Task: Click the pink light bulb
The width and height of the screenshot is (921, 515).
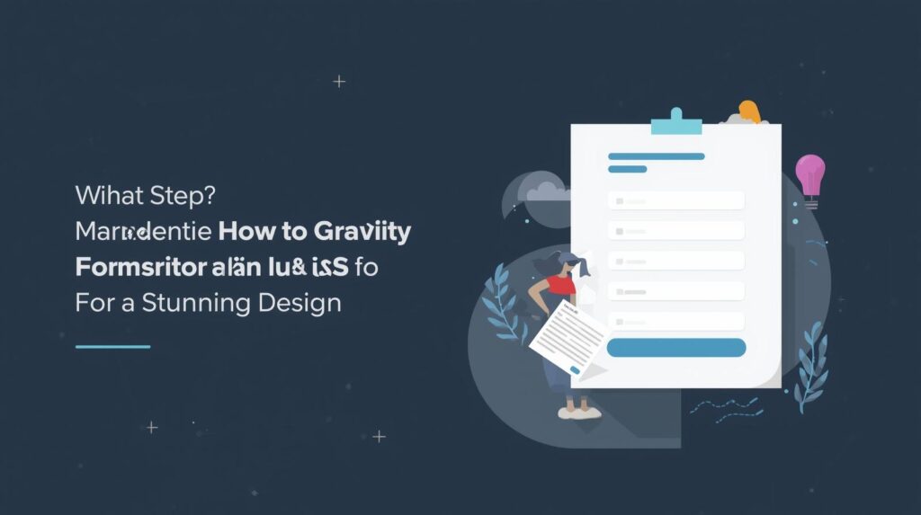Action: point(809,173)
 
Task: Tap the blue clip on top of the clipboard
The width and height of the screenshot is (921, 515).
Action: point(675,122)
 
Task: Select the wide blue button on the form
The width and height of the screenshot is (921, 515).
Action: point(675,348)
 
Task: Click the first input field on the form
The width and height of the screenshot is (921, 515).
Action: point(675,200)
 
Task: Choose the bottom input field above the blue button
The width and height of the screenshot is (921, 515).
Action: point(675,321)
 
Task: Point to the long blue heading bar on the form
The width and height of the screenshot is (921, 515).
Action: point(656,156)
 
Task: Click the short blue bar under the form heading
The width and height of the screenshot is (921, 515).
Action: point(627,169)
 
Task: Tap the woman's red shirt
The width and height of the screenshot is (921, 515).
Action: point(562,286)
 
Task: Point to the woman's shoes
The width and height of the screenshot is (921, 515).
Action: point(578,412)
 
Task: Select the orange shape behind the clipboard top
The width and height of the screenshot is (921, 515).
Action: point(749,112)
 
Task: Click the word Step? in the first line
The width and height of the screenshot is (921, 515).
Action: point(165,196)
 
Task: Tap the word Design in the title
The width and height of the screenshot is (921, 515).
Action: point(300,301)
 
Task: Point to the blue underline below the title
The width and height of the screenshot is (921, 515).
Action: point(112,346)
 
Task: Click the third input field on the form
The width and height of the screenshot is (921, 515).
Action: point(675,261)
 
